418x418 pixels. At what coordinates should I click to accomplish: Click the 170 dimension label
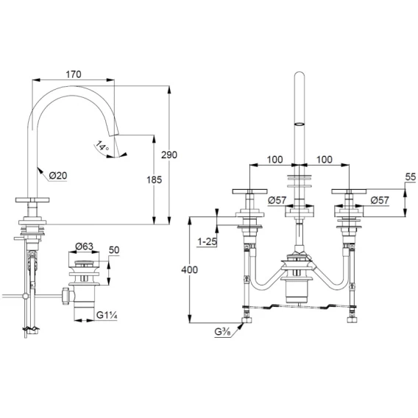click(x=74, y=74)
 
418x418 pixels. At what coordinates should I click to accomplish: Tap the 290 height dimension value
click(x=169, y=155)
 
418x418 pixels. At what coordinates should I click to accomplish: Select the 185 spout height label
click(x=154, y=180)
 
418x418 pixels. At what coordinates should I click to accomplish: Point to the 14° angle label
click(x=102, y=146)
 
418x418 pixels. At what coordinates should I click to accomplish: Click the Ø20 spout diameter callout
click(x=58, y=175)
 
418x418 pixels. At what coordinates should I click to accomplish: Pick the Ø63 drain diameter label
click(x=84, y=246)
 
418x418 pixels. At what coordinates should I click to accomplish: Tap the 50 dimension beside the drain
click(x=114, y=250)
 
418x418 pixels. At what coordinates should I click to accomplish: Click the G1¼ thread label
click(x=107, y=315)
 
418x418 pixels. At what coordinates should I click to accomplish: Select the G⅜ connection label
click(x=223, y=332)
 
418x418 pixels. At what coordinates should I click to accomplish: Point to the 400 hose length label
click(x=190, y=270)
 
